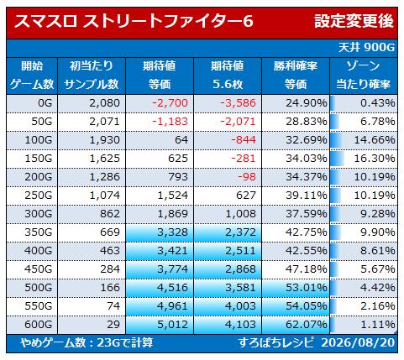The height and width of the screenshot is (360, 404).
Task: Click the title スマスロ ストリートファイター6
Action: pyautogui.click(x=134, y=21)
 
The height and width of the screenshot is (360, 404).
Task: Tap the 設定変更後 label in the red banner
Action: pyautogui.click(x=354, y=21)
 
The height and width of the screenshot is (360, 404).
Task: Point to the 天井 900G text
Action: pyautogui.click(x=366, y=48)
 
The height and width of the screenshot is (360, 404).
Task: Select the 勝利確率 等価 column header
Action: pyautogui.click(x=296, y=76)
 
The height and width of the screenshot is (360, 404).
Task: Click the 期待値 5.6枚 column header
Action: pyautogui.click(x=228, y=76)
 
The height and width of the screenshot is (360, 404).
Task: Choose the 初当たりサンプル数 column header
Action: pyautogui.click(x=92, y=76)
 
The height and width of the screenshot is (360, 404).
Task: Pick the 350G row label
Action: pyautogui.click(x=39, y=232)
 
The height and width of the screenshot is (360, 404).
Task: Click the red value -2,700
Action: pyautogui.click(x=170, y=103)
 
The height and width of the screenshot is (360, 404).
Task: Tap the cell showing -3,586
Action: pyautogui.click(x=238, y=103)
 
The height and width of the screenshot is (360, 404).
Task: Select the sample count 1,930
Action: pyautogui.click(x=104, y=140)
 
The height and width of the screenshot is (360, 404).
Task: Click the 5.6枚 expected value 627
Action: pyautogui.click(x=246, y=196)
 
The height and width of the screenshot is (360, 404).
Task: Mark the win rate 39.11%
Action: pyautogui.click(x=307, y=196)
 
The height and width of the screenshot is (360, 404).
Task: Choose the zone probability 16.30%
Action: pyautogui.click(x=375, y=159)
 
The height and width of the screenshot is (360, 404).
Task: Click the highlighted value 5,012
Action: pyautogui.click(x=172, y=325)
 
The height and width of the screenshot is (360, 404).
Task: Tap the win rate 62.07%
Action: pyautogui.click(x=307, y=325)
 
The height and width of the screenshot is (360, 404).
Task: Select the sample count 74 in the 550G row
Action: pyautogui.click(x=113, y=306)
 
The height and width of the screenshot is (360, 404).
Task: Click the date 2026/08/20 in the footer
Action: pyautogui.click(x=358, y=342)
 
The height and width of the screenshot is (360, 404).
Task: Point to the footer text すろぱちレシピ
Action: pyautogui.click(x=275, y=342)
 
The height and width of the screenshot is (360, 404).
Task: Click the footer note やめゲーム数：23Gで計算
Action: pyautogui.click(x=87, y=342)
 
